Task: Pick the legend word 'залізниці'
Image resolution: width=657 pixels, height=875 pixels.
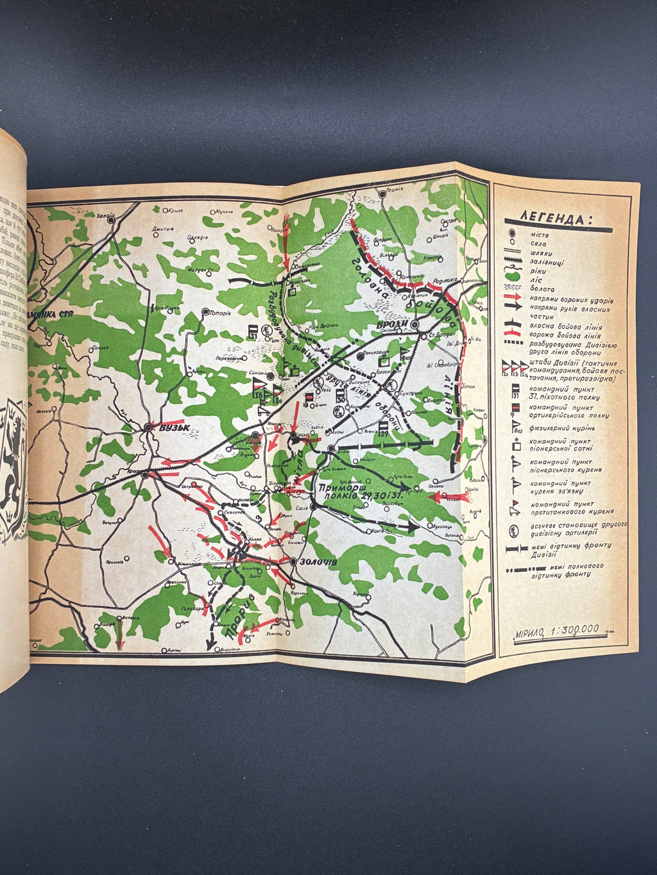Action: [x=545, y=262]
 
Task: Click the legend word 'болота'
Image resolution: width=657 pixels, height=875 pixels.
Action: [x=543, y=290]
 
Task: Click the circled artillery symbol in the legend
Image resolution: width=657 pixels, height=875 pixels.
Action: [x=513, y=529]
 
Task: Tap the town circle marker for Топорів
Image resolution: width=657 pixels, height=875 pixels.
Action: [x=205, y=312]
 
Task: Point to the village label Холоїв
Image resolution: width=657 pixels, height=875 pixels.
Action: [x=107, y=216]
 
